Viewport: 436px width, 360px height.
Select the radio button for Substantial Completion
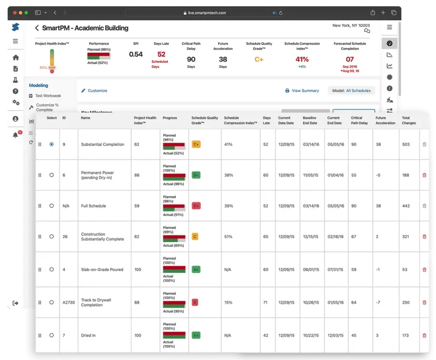click(52, 144)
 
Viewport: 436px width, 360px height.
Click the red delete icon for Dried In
click(424, 335)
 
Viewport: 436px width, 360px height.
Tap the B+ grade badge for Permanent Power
click(196, 175)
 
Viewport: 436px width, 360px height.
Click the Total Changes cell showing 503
click(406, 144)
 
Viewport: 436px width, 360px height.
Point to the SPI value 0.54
click(136, 54)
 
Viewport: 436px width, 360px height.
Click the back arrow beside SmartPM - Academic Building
click(37, 28)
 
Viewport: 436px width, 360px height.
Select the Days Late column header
click(267, 121)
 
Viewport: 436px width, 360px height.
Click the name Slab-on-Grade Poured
click(102, 270)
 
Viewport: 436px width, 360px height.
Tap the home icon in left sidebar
click(16, 58)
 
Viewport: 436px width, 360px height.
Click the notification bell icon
click(16, 135)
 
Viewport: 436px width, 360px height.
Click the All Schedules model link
click(359, 91)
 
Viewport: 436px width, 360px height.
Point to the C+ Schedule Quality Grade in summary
click(259, 59)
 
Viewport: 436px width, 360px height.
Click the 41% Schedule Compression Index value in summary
click(302, 59)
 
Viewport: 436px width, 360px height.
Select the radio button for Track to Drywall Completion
click(52, 302)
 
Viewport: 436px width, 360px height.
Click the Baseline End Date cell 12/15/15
click(310, 236)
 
